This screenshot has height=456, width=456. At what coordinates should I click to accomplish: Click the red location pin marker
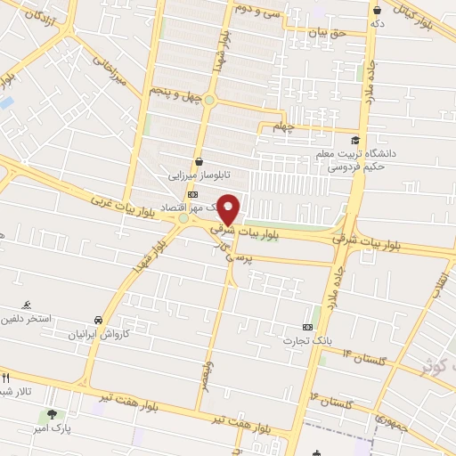tap(229, 208)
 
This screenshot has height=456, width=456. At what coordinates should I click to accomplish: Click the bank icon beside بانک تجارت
tap(308, 327)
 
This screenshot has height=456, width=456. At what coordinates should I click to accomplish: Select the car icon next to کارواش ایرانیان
tap(96, 319)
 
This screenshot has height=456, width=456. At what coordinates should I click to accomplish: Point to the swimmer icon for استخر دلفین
tap(26, 304)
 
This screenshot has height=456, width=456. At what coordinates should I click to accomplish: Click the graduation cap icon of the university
tap(355, 140)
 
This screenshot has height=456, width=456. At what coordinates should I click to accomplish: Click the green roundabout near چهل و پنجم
tap(209, 100)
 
